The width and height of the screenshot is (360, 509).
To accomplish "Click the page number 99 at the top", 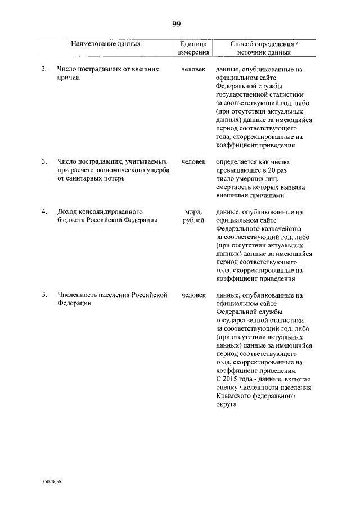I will [x=176, y=24].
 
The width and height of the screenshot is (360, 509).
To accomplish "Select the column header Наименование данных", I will [x=106, y=43].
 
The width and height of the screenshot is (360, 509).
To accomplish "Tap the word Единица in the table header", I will [x=193, y=43].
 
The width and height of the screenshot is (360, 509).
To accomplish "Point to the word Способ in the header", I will [x=244, y=43].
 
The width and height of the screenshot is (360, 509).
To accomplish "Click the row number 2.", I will [x=44, y=69].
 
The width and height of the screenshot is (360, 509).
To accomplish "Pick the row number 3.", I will [x=44, y=161].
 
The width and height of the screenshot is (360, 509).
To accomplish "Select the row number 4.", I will [x=44, y=212].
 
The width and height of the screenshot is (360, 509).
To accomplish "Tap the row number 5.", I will [x=44, y=294].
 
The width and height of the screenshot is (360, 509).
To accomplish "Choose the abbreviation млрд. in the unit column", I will [x=193, y=212].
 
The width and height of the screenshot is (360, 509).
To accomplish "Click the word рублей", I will [x=193, y=220].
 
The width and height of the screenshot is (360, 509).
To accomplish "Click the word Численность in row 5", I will [x=78, y=294].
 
